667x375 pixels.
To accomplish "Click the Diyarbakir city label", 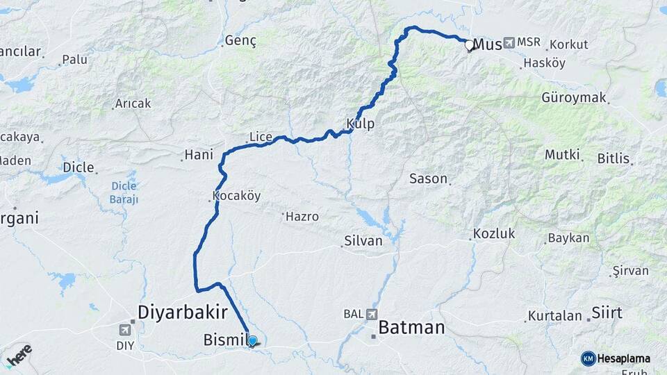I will pos(183,312).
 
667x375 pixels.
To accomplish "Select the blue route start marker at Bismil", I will pos(252,341).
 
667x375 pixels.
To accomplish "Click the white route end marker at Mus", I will pos(469,46).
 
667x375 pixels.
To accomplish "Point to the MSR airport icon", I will pos(511,43).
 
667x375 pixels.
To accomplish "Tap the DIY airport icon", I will pos(126,329).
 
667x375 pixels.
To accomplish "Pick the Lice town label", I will pos(261,137).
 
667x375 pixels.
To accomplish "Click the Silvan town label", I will pos(363,241).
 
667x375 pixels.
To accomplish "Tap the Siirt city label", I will pos(607,312).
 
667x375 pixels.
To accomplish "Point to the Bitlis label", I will pos(614,158).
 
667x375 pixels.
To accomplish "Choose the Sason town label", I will pos(428,178).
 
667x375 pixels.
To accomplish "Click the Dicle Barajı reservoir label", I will pos(124,192).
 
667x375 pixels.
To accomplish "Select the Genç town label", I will pos(240,42).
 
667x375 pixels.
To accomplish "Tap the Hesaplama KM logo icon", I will pos(588,358).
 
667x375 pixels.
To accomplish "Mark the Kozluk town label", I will pos(494,233).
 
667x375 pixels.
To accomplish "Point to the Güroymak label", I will pos(574,97).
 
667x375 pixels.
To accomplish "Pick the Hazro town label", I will pos(303,216).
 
